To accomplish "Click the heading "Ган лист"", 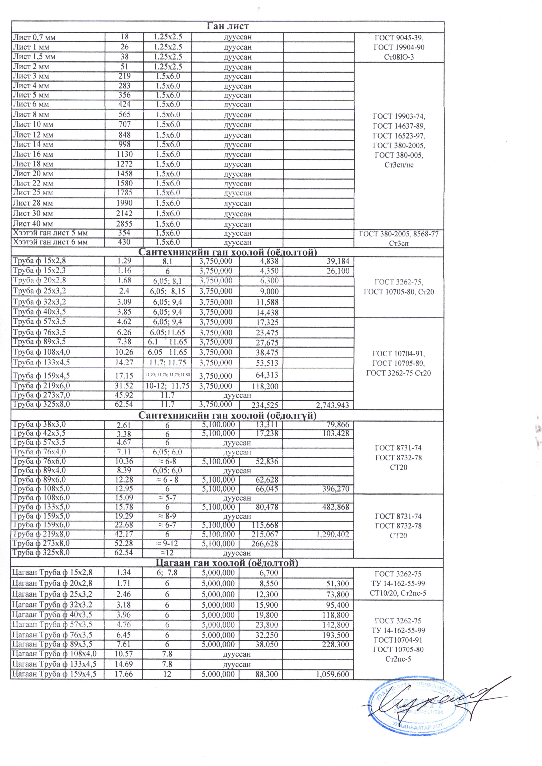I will coord(228,26).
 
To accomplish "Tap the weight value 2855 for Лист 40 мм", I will coord(124,224).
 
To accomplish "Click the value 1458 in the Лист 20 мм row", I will coord(124,173).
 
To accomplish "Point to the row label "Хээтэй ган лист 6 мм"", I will coord(50,242).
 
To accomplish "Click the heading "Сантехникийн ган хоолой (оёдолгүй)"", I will coord(228,416).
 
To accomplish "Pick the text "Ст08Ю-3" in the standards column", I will coord(399,57).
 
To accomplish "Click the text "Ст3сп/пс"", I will coord(399,165).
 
